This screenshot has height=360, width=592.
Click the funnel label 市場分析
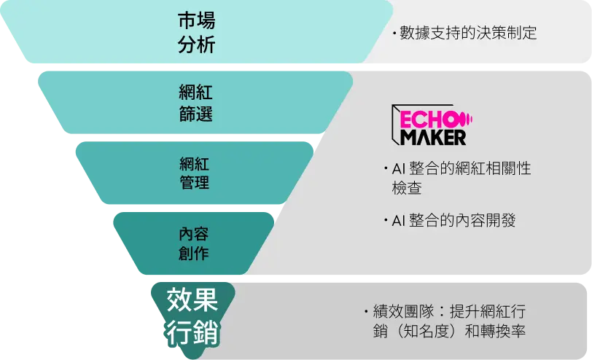pyautogui.click(x=196, y=33)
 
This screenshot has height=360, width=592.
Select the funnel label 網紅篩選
pyautogui.click(x=195, y=103)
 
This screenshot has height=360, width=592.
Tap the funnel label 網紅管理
pyautogui.click(x=195, y=173)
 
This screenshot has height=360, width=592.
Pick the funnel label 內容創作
pyautogui.click(x=194, y=243)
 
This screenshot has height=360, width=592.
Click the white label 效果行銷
pyautogui.click(x=192, y=316)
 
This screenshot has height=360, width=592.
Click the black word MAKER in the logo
pyautogui.click(x=433, y=137)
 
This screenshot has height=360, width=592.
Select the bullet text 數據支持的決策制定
pyautogui.click(x=468, y=33)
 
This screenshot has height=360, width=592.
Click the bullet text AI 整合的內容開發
pyautogui.click(x=453, y=220)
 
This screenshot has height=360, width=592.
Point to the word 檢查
pyautogui.click(x=407, y=187)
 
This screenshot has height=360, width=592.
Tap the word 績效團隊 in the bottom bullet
pyautogui.click(x=404, y=312)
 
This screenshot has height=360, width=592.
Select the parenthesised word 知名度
pyautogui.click(x=427, y=331)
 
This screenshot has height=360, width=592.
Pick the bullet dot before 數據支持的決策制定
pyautogui.click(x=394, y=34)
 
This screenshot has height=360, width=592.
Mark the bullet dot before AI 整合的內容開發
pyautogui.click(x=386, y=219)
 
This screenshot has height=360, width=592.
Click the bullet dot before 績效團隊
pyautogui.click(x=367, y=311)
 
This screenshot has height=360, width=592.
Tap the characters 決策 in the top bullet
pyautogui.click(x=491, y=33)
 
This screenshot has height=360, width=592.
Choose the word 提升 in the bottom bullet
pyautogui.click(x=464, y=312)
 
